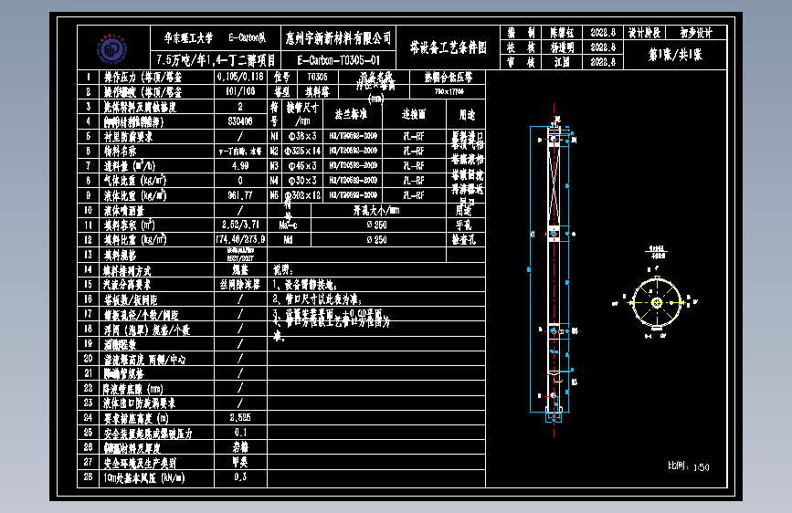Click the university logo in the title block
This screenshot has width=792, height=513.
tap(111, 47)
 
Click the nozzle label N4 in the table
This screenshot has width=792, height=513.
tap(274, 181)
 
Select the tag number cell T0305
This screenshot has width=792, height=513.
tap(318, 78)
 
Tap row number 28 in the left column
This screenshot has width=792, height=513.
tap(88, 476)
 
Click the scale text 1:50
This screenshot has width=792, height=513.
tap(701, 467)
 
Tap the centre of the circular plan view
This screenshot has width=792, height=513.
tap(655, 300)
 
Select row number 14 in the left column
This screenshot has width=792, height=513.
tap(88, 271)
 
